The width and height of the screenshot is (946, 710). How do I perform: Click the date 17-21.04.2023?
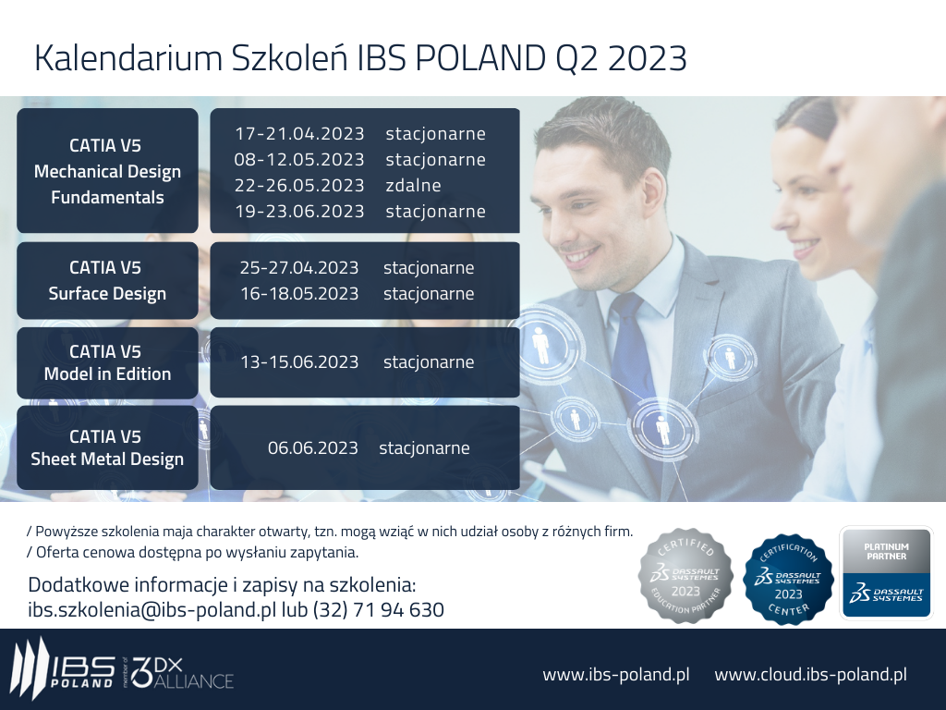tap(299, 133)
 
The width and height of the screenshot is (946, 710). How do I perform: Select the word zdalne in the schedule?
tap(413, 185)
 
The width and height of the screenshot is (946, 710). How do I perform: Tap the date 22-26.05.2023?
tap(299, 185)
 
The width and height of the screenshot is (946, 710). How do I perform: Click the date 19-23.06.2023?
tap(299, 212)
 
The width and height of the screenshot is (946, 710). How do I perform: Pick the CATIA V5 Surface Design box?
tap(107, 281)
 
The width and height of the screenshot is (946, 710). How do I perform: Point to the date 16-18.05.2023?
tap(299, 293)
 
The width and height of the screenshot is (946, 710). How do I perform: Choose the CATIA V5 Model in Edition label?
tap(107, 362)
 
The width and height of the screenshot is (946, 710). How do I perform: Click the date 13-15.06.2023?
tap(299, 361)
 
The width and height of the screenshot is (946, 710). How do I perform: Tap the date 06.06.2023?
tap(312, 448)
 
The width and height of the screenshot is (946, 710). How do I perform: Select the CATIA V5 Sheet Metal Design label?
tap(107, 447)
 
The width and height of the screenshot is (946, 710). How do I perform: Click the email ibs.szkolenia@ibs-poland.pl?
tap(152, 610)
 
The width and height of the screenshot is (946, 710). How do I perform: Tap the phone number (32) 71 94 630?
tap(378, 610)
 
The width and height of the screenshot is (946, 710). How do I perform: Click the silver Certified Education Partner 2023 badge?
tap(686, 576)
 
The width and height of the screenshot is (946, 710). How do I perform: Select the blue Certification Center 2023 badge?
tap(789, 579)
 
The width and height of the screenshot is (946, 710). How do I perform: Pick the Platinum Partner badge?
tap(886, 573)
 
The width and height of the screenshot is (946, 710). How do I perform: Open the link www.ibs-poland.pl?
tap(616, 674)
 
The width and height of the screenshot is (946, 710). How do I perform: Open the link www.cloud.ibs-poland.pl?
tap(811, 674)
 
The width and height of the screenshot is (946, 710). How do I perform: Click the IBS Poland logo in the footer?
tap(63, 671)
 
